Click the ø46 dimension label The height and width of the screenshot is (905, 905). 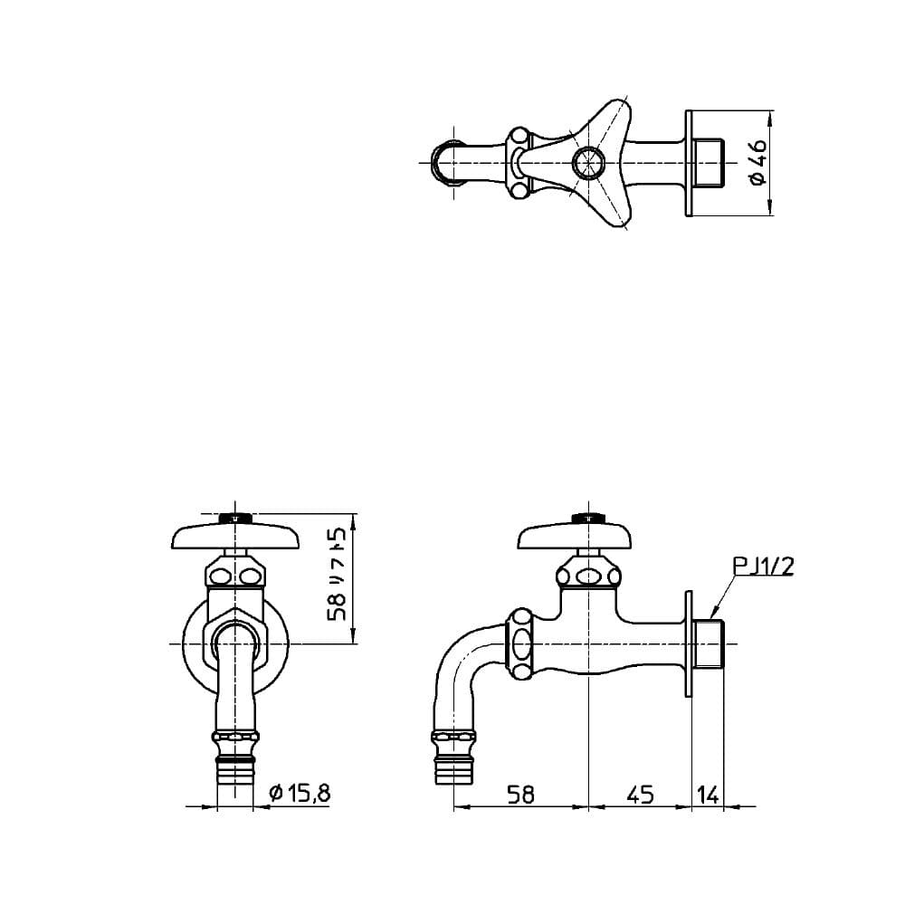[x=758, y=162]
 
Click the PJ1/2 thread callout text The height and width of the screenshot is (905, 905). [x=764, y=567]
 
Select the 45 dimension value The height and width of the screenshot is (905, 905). [x=640, y=795]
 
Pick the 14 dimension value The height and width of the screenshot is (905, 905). [x=708, y=795]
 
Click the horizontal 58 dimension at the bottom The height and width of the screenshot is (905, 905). [x=520, y=795]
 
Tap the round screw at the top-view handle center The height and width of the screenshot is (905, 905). [x=587, y=162]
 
